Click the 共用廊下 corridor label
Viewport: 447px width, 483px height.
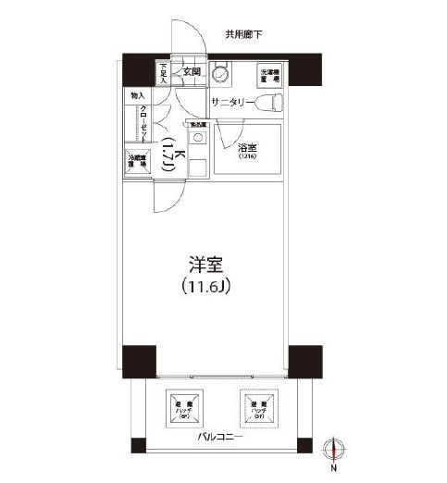243,34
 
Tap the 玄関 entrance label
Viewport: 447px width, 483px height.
192,71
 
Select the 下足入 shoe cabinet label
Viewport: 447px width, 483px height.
163,71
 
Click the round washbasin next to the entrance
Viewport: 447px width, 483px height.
222,75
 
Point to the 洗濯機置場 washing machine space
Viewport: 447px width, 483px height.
268,75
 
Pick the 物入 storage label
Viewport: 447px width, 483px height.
137,95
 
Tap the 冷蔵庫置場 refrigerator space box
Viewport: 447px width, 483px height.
137,162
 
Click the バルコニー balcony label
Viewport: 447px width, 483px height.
219,437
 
